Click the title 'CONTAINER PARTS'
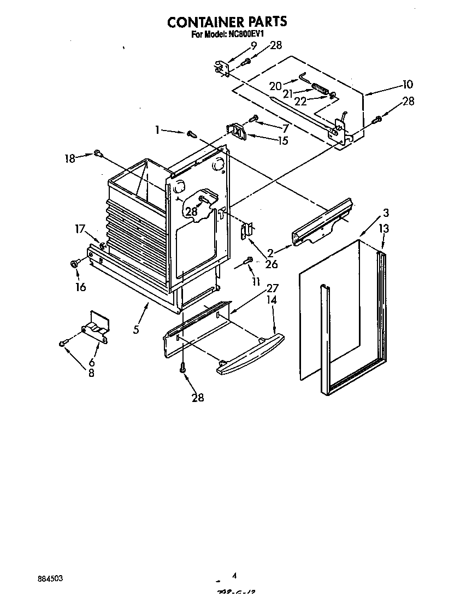click(227, 22)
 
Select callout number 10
click(408, 85)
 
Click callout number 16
click(80, 287)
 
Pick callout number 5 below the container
click(136, 329)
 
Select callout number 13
click(384, 228)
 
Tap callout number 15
click(282, 140)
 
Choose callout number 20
click(275, 86)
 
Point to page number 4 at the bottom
click(234, 575)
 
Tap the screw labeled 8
click(63, 343)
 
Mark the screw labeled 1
click(192, 133)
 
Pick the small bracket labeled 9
click(220, 66)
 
